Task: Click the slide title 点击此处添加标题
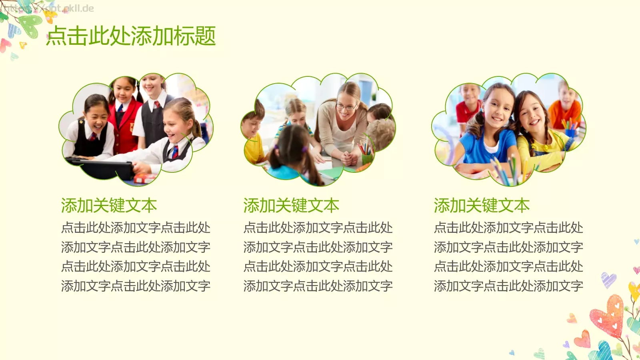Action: click(131, 36)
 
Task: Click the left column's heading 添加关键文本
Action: click(109, 206)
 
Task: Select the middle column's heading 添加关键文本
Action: click(291, 206)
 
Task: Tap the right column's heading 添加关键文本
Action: click(482, 206)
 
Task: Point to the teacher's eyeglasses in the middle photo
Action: click(346, 106)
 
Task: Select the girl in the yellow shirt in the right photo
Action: click(536, 132)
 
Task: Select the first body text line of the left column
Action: click(136, 228)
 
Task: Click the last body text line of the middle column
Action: click(318, 286)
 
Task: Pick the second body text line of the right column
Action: click(508, 247)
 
